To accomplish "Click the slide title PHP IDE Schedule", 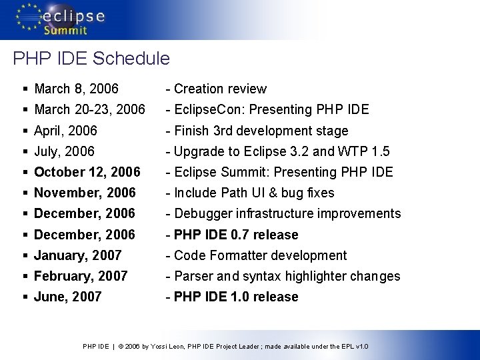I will [x=91, y=59].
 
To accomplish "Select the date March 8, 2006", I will [x=76, y=89].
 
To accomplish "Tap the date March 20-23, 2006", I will [x=89, y=109].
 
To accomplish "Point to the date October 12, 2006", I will [x=87, y=172].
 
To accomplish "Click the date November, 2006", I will [x=85, y=193].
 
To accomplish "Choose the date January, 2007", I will [x=77, y=255].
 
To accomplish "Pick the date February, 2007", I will [x=81, y=276].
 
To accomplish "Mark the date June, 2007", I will [x=67, y=297].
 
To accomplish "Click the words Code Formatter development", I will [x=260, y=255].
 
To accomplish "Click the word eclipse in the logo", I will [x=74, y=15].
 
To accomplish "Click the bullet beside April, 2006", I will [x=25, y=131].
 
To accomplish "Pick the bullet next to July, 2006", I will [x=25, y=151].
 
